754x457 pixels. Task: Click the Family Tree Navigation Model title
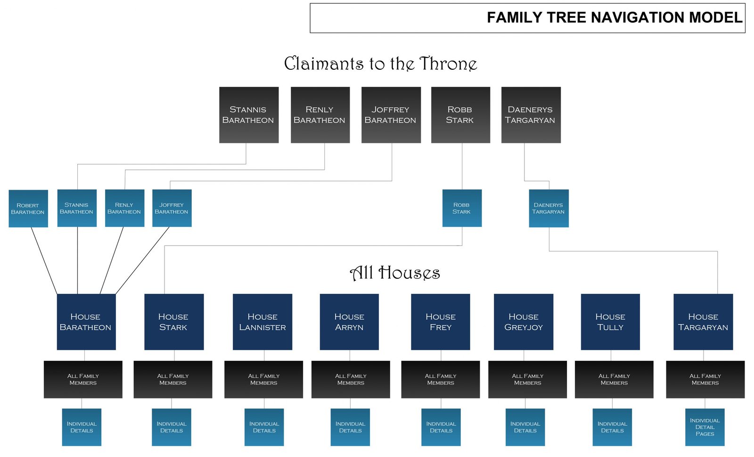coord(615,17)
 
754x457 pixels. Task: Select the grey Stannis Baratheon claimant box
coord(249,115)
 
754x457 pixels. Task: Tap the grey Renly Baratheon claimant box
coord(320,115)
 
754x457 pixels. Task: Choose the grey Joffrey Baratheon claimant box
coord(391,115)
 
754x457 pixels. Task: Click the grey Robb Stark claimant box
coord(460,115)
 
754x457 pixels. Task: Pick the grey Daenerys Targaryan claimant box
coord(531,115)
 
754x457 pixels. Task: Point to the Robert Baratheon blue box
coord(28,208)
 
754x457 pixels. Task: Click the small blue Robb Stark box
coord(462,208)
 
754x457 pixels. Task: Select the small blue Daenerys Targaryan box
coord(549,208)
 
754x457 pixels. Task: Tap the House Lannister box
coord(262,322)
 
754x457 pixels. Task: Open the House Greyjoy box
coord(524,322)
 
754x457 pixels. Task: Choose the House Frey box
coord(440,322)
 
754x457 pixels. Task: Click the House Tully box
coord(610,322)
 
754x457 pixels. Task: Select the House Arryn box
coord(349,322)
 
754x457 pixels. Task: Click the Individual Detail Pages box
coord(705,427)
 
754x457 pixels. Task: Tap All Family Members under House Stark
coord(173,380)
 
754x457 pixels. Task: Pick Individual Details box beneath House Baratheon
coord(82,427)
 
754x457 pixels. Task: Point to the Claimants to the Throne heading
coord(381,64)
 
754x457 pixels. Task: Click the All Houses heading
coord(395,273)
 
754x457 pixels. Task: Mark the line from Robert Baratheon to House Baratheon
coord(44,261)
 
